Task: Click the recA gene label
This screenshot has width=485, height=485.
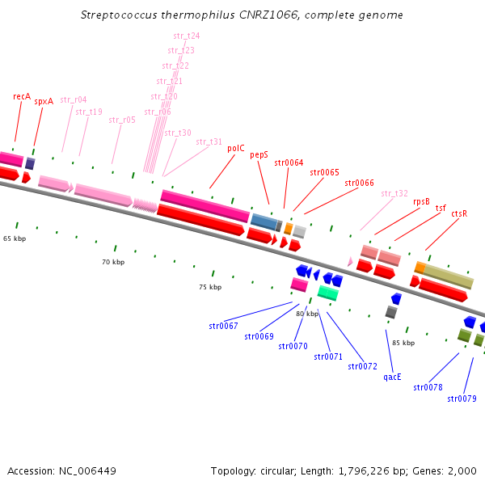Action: coord(22,96)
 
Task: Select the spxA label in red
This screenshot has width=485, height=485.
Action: coord(44,102)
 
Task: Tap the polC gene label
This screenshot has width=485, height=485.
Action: coord(236,149)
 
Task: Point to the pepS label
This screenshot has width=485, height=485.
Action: coord(259,154)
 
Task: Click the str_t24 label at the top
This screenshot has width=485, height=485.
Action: coord(187,36)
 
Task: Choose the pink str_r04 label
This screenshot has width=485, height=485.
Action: coord(74,100)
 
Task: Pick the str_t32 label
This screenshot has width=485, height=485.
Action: coord(394,193)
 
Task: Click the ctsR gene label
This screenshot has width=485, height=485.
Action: coord(459,213)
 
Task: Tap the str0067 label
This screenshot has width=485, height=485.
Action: coord(223,326)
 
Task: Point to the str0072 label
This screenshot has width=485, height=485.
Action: coord(363,366)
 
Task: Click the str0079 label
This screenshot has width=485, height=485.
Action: coord(462,399)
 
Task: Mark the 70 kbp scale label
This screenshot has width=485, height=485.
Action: coord(113,262)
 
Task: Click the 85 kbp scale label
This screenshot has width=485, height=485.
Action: coord(403,343)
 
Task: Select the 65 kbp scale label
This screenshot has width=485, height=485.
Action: coord(15,239)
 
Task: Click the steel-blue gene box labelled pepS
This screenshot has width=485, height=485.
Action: coord(264,220)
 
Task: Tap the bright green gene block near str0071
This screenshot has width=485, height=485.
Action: coord(327,292)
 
